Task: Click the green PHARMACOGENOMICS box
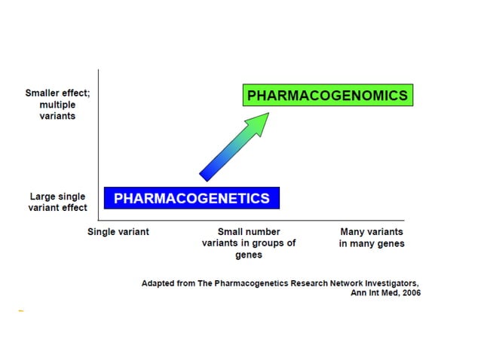click(x=327, y=96)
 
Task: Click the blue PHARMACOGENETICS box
click(x=191, y=198)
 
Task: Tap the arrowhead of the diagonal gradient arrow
click(x=259, y=123)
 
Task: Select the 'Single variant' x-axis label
click(x=118, y=232)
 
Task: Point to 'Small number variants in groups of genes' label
click(x=248, y=243)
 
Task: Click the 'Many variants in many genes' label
click(x=371, y=238)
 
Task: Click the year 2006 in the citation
click(x=409, y=293)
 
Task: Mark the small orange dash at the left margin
click(x=21, y=310)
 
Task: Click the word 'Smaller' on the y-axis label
click(x=44, y=94)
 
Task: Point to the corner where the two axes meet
click(x=99, y=220)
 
